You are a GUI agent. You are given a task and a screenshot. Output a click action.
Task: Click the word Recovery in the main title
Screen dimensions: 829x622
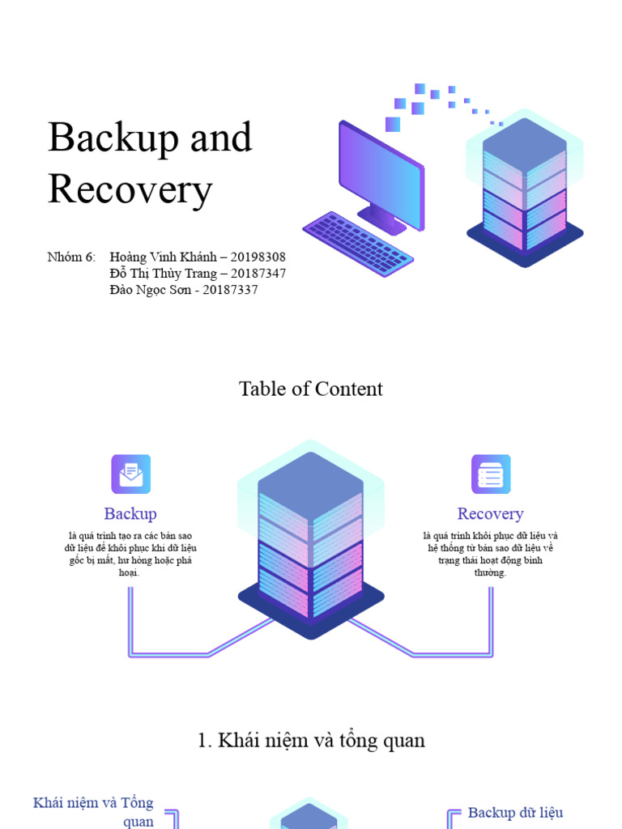click(x=130, y=190)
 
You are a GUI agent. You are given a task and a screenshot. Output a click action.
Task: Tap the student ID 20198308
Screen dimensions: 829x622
click(x=258, y=257)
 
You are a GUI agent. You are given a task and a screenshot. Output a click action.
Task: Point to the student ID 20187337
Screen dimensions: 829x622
click(x=230, y=290)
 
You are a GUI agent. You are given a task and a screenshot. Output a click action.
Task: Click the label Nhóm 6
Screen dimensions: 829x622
click(x=71, y=257)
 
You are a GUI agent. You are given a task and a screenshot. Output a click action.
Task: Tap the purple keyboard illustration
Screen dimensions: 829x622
click(x=357, y=238)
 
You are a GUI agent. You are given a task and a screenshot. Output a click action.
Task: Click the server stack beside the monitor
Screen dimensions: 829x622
click(x=525, y=191)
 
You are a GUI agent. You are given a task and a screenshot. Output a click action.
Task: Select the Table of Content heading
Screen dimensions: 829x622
click(x=310, y=389)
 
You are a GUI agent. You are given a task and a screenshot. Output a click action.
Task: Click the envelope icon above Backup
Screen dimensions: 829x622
click(x=130, y=474)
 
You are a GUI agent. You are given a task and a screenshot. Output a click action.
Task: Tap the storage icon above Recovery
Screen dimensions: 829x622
click(x=491, y=474)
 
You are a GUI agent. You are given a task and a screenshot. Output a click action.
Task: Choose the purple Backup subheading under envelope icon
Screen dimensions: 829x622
click(x=130, y=514)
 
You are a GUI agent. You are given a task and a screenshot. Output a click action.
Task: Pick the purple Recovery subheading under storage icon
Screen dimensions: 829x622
click(x=490, y=514)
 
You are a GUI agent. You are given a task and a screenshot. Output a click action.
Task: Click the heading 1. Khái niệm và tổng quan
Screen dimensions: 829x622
click(x=310, y=740)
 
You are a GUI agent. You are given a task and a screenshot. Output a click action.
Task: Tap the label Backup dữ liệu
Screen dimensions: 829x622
click(x=515, y=813)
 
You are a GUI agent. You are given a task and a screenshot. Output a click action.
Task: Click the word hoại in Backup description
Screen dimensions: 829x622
click(x=130, y=572)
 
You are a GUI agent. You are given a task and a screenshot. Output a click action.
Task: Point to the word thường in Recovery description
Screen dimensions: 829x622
click(x=490, y=572)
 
